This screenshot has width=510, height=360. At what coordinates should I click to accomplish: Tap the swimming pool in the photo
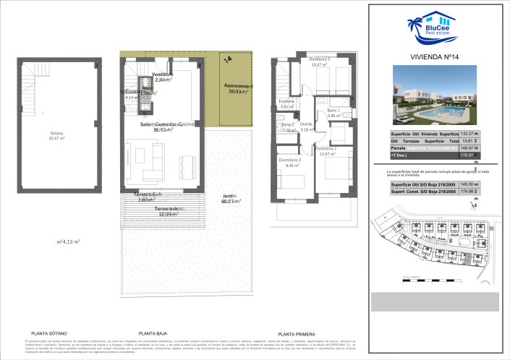pos(443,114)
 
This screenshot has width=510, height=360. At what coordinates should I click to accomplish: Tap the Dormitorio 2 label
pos(289,160)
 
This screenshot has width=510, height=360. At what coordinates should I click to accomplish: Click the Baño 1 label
pos(333,110)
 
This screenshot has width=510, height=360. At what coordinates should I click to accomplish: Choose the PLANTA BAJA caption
pos(153,333)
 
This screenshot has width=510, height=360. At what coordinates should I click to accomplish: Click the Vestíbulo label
pos(163,74)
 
